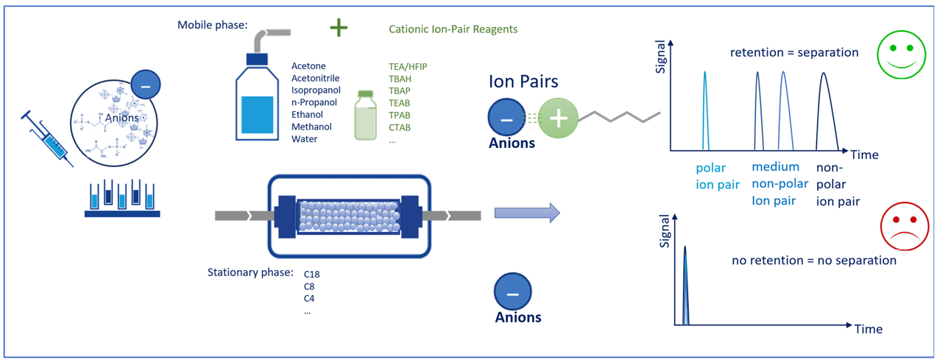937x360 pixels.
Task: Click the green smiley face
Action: (x=901, y=54)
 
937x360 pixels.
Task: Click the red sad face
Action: (x=905, y=227)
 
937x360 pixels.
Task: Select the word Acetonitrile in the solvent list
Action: (x=316, y=78)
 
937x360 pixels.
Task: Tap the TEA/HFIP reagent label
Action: (x=408, y=66)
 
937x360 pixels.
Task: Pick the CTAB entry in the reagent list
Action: (x=400, y=127)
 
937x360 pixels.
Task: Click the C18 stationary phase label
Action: (x=311, y=274)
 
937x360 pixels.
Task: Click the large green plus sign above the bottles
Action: (x=339, y=28)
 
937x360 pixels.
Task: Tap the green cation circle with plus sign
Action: (x=558, y=118)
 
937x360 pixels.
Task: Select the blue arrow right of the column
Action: (x=527, y=213)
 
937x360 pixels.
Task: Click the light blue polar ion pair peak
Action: (x=705, y=111)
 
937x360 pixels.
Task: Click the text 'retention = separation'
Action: (x=794, y=52)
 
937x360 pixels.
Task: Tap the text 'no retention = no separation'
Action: (x=814, y=261)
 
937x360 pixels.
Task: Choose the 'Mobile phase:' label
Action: (x=213, y=25)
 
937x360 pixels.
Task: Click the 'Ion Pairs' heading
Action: (x=523, y=81)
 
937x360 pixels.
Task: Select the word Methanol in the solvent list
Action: (x=311, y=127)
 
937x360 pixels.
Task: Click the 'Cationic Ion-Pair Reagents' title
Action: (x=453, y=29)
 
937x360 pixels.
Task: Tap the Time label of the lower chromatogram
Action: (x=869, y=329)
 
